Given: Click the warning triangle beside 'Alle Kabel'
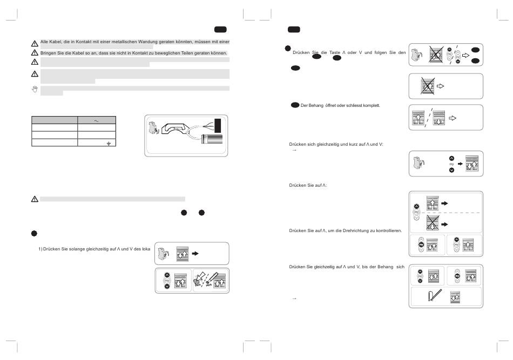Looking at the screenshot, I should coord(35,43).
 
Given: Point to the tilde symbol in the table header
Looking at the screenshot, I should coord(97,121).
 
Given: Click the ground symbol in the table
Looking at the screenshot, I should coord(108,145).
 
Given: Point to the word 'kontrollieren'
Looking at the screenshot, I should coord(386,230).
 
